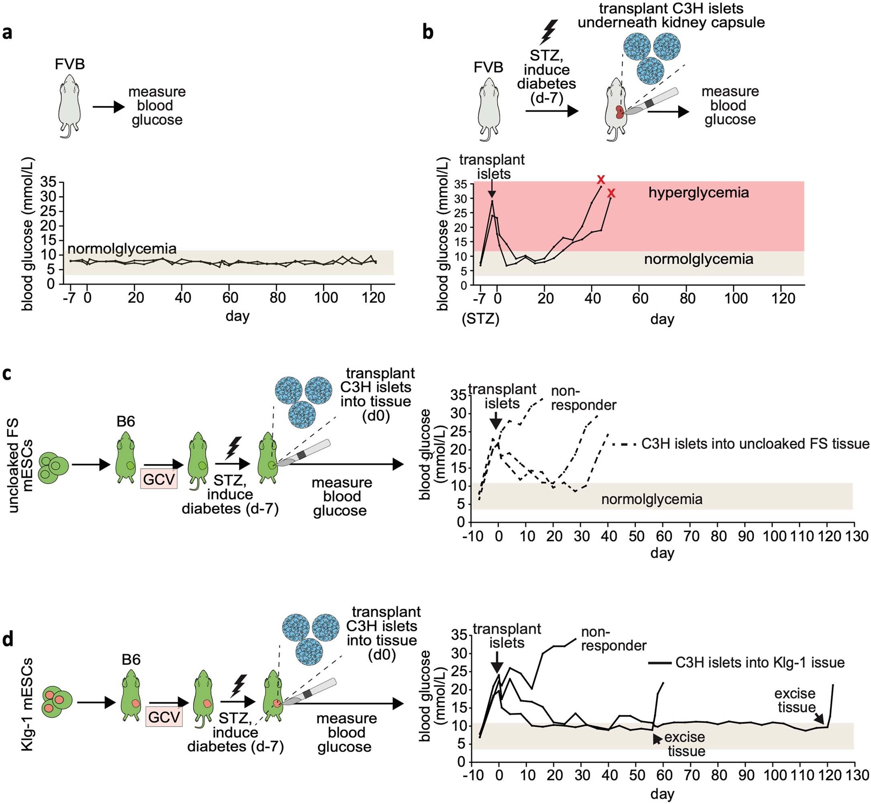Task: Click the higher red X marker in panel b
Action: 601,179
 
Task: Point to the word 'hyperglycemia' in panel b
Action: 698,192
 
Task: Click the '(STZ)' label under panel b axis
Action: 480,319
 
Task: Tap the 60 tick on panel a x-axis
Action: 230,298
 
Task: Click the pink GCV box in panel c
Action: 159,480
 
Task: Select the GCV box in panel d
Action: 164,716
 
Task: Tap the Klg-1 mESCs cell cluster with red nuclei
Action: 56,702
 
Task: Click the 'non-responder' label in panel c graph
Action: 583,398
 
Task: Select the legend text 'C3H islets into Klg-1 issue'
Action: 760,663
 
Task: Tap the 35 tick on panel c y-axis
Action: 458,395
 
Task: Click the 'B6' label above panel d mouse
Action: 131,659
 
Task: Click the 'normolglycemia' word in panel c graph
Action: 652,499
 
